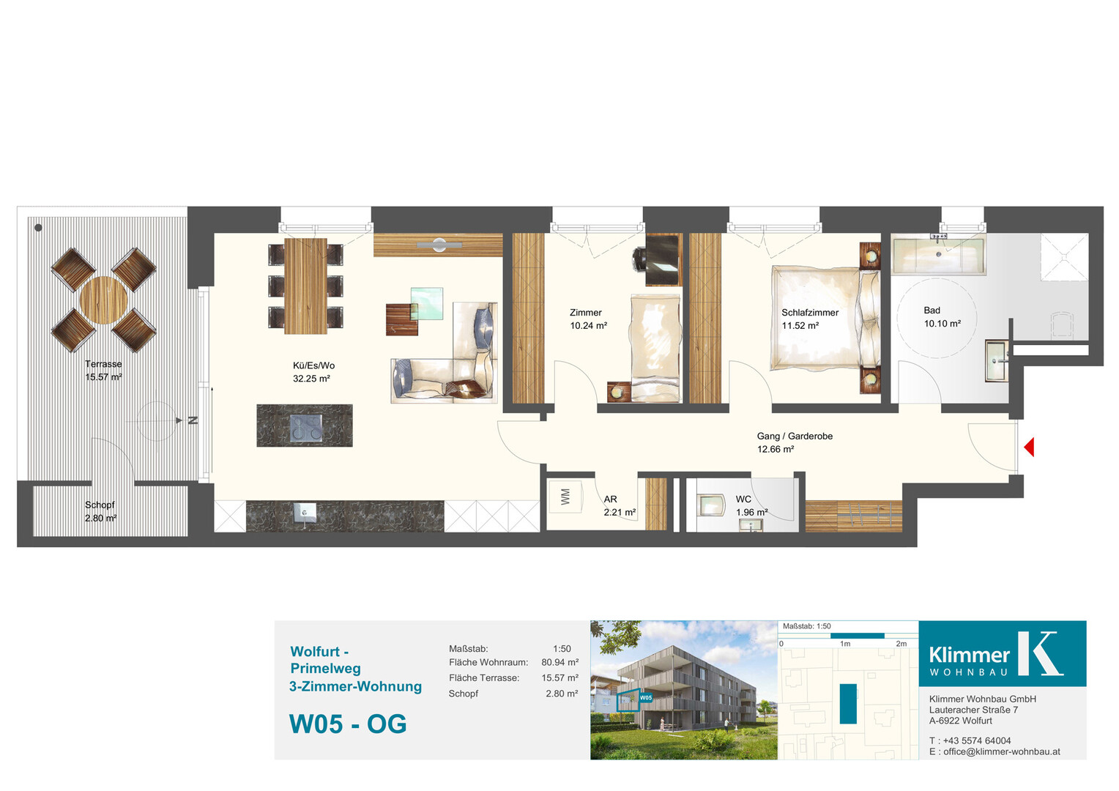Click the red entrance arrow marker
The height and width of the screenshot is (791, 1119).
pyautogui.click(x=1029, y=448)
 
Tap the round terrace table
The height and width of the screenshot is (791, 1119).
pyautogui.click(x=103, y=300)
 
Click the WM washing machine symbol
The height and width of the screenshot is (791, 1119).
pyautogui.click(x=565, y=497)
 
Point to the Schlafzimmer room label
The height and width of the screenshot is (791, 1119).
pyautogui.click(x=810, y=313)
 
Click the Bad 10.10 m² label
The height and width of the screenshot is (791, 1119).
pyautogui.click(x=943, y=317)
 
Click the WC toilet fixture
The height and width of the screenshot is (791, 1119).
pyautogui.click(x=710, y=505)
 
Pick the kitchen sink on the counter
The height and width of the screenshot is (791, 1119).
pyautogui.click(x=305, y=512)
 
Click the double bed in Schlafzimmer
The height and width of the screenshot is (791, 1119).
pyautogui.click(x=825, y=318)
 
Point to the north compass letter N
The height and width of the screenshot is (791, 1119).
pyautogui.click(x=193, y=420)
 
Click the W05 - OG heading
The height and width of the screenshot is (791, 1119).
pyautogui.click(x=348, y=724)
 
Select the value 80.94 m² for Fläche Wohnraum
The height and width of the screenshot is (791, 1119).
pyautogui.click(x=560, y=663)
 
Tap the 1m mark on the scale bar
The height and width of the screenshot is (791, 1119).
pyautogui.click(x=845, y=644)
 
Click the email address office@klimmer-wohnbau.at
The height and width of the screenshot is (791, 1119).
pyautogui.click(x=1002, y=751)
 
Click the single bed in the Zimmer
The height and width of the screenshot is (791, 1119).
pyautogui.click(x=655, y=349)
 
